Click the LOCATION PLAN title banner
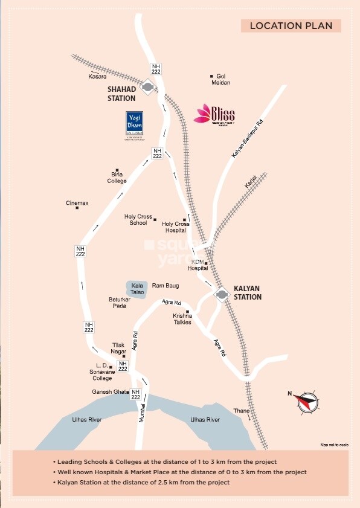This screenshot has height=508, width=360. point(291,25)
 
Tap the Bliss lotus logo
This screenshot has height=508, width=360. point(214,114)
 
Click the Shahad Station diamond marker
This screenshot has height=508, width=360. point(147,88)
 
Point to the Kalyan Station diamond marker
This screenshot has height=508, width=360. point(222,294)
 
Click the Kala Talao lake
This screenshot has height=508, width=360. point(136,288)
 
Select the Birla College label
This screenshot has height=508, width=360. point(117,178)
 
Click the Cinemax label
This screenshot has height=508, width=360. point(77,204)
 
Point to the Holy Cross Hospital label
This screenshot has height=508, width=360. point(176,227)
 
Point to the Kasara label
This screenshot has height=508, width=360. point(97,77)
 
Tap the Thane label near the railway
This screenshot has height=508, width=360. point(242,411)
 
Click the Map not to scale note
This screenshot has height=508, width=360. point(335,445)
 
